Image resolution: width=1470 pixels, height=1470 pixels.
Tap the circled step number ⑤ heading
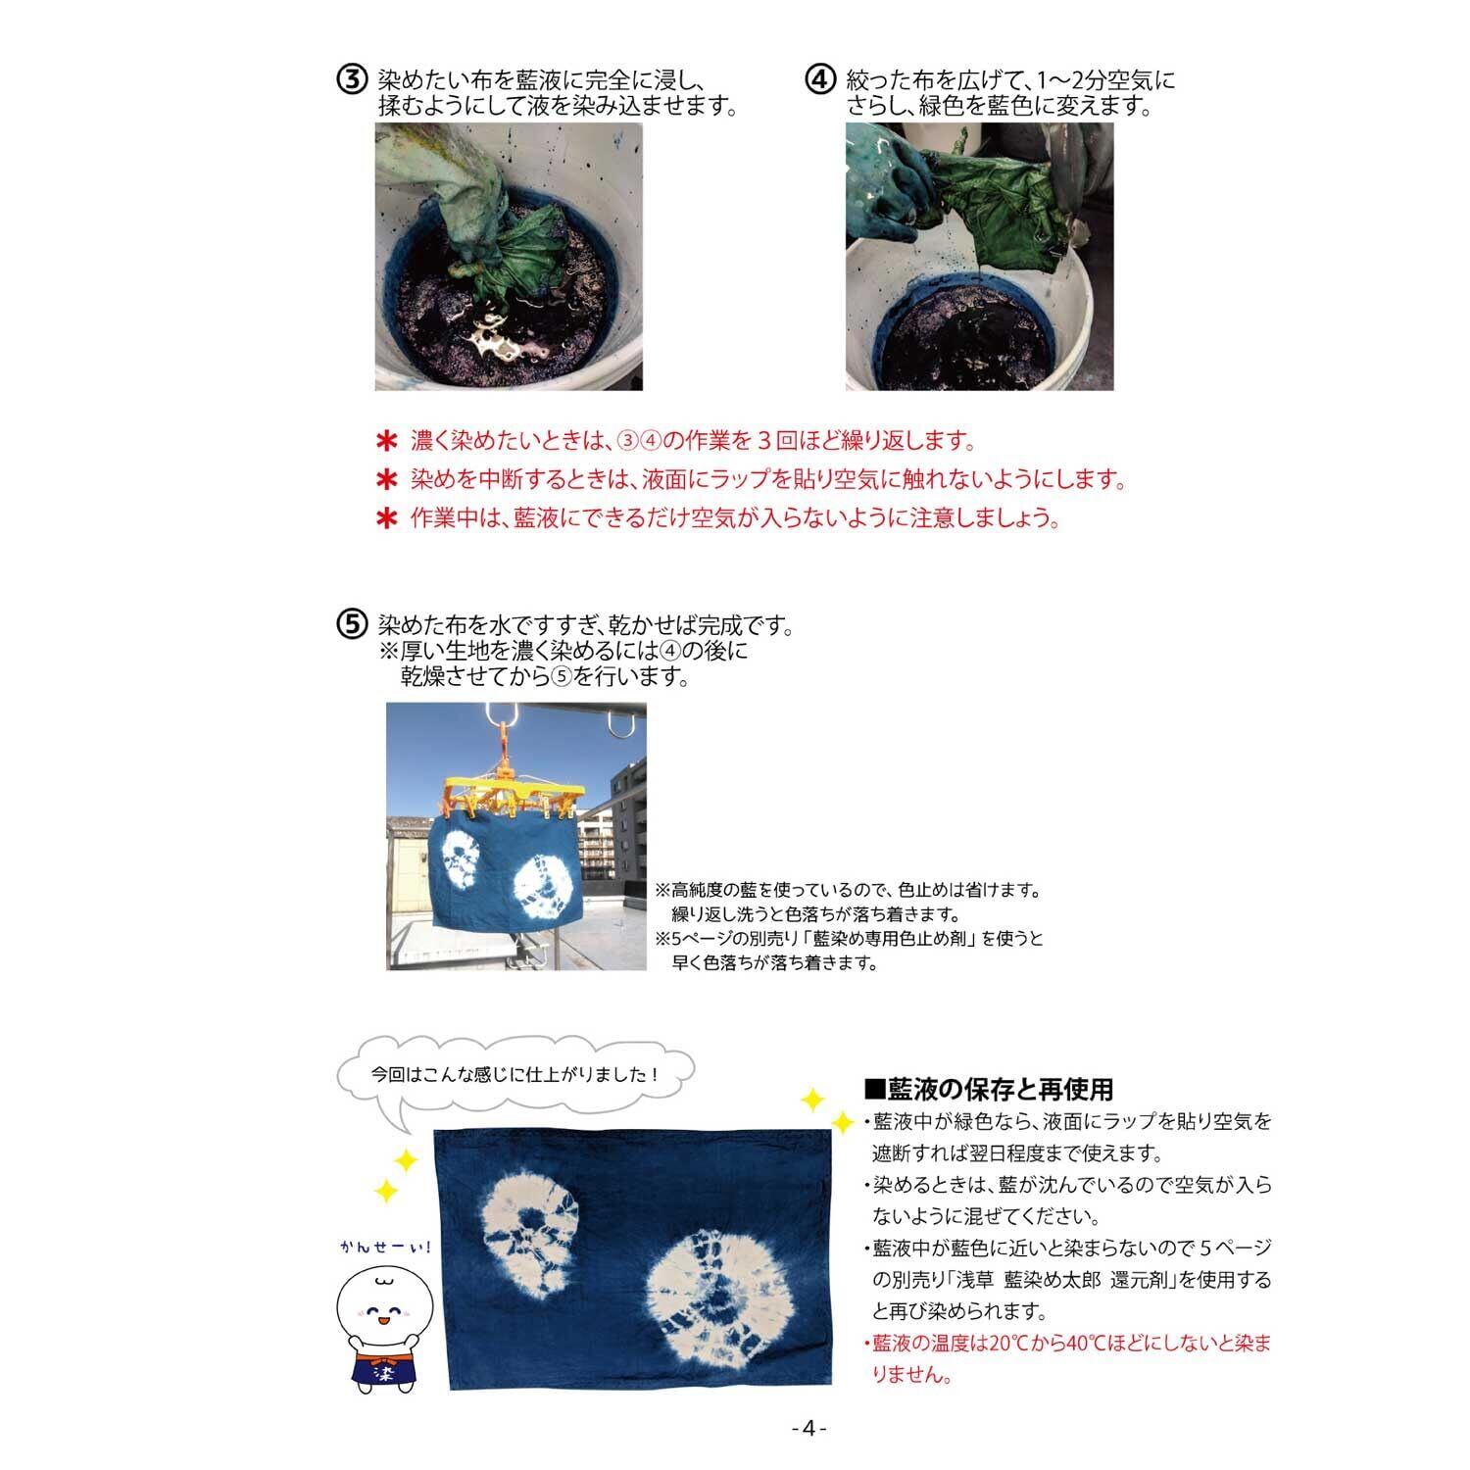352,625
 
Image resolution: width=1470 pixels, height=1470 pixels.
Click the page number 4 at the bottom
808,1428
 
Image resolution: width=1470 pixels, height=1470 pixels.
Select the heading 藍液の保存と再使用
989,1088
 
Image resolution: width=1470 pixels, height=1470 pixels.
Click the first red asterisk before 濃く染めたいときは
388,441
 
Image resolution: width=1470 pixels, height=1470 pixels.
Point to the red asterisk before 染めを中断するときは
388,480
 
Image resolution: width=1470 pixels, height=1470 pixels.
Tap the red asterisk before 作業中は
388,518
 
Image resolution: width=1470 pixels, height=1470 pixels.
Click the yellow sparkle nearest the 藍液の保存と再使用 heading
841,1122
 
